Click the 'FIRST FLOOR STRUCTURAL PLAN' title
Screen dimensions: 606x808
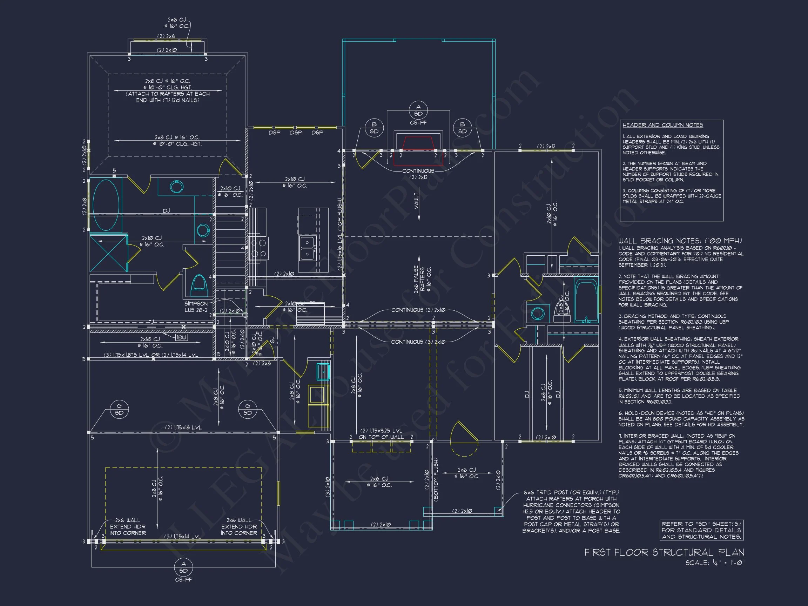(x=664, y=552)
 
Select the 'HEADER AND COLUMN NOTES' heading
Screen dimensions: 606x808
(x=662, y=125)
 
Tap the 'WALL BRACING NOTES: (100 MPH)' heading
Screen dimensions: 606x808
(x=680, y=241)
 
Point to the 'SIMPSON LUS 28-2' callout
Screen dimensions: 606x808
(x=196, y=307)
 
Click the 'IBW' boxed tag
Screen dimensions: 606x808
(x=182, y=337)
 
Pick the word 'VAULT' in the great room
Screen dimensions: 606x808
(x=417, y=201)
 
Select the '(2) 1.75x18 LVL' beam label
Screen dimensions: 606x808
(x=183, y=427)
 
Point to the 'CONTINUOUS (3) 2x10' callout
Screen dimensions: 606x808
(x=418, y=342)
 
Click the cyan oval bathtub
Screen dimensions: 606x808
(x=106, y=204)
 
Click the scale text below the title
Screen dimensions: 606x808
(x=714, y=563)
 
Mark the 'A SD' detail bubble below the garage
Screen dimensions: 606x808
(x=183, y=567)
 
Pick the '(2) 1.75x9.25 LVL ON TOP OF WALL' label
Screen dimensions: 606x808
(x=381, y=433)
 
